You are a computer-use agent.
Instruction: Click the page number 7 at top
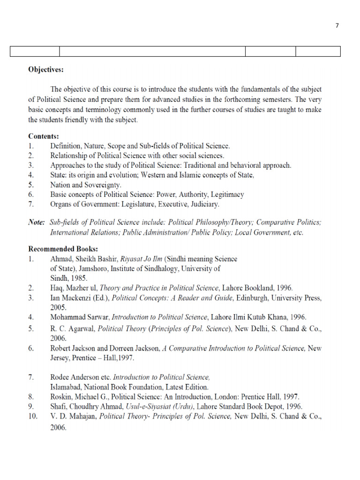(337, 26)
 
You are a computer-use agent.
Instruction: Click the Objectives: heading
(45, 70)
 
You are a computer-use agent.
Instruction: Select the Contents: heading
(44, 136)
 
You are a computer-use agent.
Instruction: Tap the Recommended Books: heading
(63, 248)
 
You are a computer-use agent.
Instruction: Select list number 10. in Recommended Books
(33, 416)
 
